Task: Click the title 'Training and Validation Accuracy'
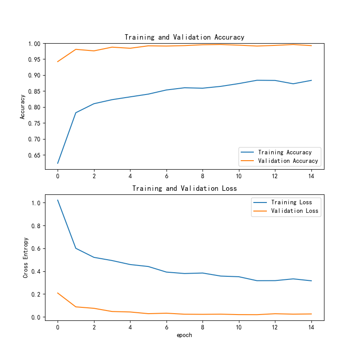[184, 37]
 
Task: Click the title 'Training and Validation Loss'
[184, 189]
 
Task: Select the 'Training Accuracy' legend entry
[285, 153]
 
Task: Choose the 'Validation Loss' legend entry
[295, 211]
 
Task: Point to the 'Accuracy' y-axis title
[22, 107]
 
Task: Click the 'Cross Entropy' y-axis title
[26, 257]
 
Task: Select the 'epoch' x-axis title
[184, 335]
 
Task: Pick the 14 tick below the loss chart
[311, 327]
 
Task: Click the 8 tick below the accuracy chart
[202, 176]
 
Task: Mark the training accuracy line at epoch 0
[58, 163]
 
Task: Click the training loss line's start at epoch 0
[58, 200]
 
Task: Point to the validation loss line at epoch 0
[58, 293]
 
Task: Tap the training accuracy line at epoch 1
[76, 112]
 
